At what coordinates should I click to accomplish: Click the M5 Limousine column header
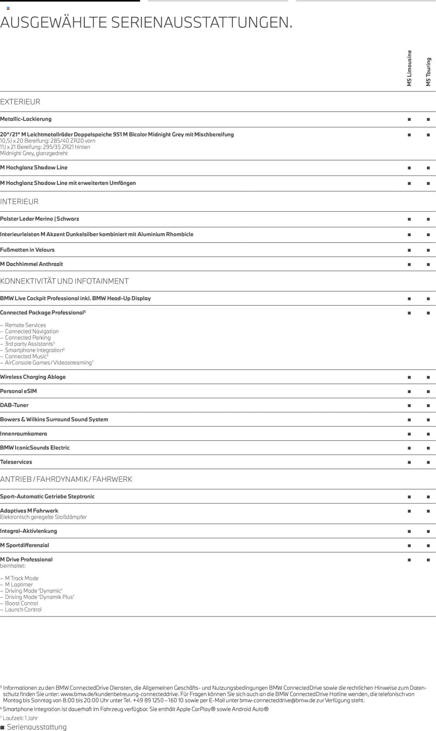point(409,68)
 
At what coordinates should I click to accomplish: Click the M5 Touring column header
point(429,72)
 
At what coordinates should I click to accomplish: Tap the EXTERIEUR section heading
point(20,102)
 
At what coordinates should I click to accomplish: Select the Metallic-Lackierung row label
point(26,119)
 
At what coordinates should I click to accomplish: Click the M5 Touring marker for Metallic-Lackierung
point(428,119)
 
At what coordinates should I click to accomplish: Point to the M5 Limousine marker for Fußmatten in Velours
point(409,250)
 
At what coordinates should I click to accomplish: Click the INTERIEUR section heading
point(19,201)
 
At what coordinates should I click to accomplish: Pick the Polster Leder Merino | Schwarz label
point(40,219)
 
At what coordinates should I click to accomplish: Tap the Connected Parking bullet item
point(28,338)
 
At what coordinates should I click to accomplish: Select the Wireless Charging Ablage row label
point(33,377)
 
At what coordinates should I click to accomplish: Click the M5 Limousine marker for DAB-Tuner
point(409,406)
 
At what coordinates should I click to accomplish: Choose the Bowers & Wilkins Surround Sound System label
point(54,420)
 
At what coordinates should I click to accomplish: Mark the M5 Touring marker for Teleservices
point(428,462)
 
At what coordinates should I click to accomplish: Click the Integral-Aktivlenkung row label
point(29,531)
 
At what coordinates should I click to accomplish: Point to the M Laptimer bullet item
point(19,585)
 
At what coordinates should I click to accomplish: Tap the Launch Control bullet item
point(23,610)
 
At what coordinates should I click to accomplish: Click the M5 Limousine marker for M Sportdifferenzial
point(409,546)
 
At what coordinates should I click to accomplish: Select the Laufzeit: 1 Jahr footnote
point(20,718)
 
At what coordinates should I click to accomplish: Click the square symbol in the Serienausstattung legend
point(2,728)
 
